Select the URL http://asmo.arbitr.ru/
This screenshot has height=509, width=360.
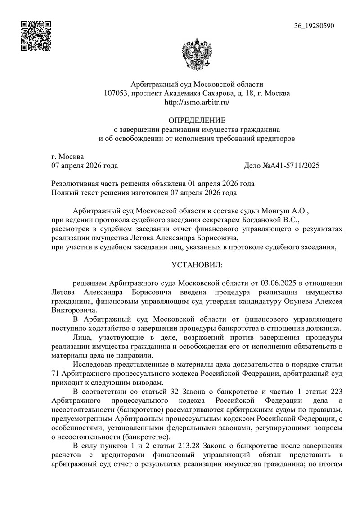(x=197, y=103)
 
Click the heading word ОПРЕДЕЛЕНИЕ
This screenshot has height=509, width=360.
(x=197, y=121)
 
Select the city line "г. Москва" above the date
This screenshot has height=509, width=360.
(x=68, y=157)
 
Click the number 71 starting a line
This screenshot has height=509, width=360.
(x=56, y=374)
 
